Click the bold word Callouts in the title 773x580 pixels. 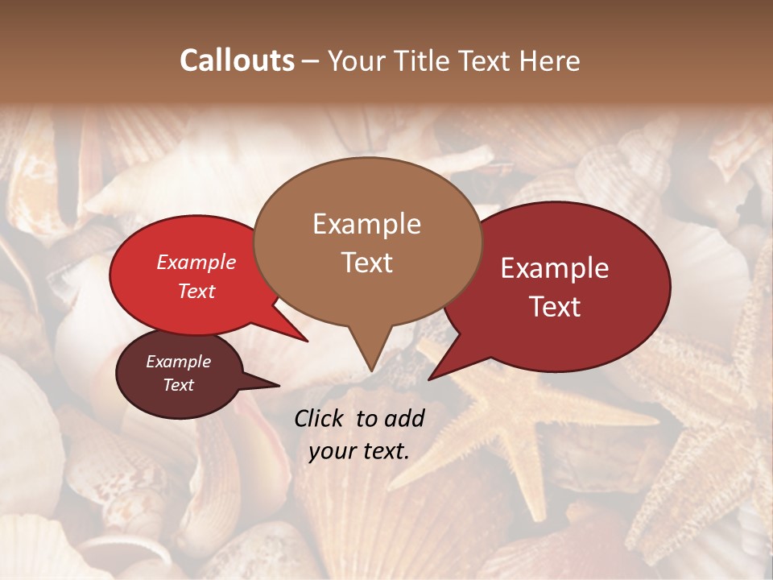tap(237, 60)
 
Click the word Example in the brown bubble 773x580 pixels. tap(366, 224)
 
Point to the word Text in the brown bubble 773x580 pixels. tap(366, 262)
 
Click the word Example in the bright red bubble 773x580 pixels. tap(196, 262)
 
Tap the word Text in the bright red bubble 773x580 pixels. tap(196, 291)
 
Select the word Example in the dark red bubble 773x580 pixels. tap(555, 268)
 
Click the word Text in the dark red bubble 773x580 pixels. tap(555, 306)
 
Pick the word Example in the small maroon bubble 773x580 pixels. tap(178, 362)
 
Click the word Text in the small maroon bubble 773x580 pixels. tap(178, 385)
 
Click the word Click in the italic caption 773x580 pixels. tap(320, 418)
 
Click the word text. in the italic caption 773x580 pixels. tap(384, 451)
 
